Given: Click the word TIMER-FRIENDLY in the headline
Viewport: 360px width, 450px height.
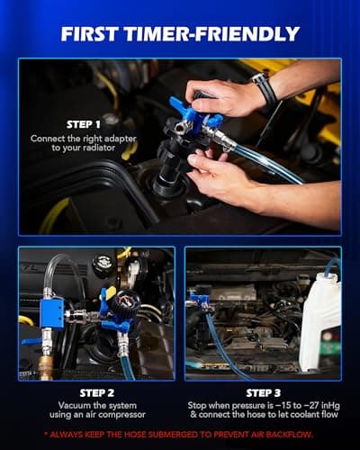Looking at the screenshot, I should pos(216,34).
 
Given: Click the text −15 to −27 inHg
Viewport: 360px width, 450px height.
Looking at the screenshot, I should pos(288,407).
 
